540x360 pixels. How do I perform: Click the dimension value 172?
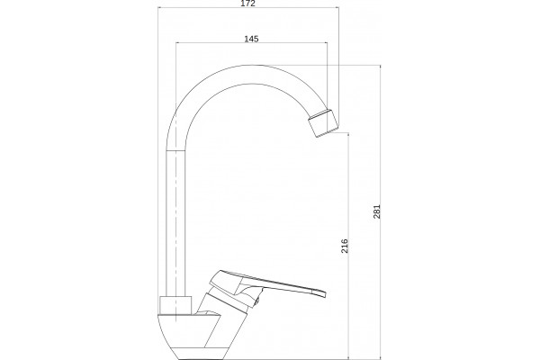[x=248, y=4]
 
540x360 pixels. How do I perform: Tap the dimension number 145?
[x=251, y=39]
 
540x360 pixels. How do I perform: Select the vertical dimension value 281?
[x=377, y=211]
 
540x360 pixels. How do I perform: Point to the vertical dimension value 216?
[x=345, y=246]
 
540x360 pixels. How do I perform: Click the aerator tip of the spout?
[x=323, y=123]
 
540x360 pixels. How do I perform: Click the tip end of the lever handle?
[x=325, y=293]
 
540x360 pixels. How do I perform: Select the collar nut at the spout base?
[x=175, y=305]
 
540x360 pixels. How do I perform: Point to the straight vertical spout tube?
[x=175, y=223]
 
